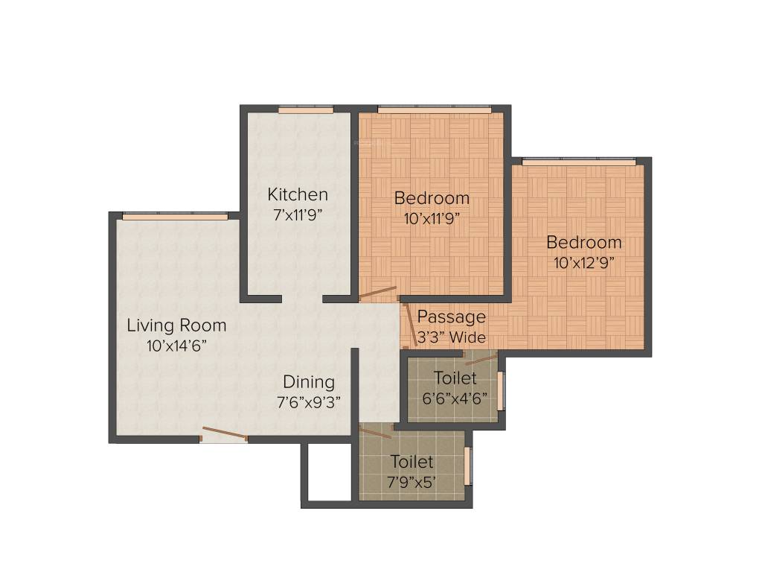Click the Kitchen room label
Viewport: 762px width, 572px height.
[x=298, y=195]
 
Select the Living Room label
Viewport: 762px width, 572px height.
[x=176, y=325]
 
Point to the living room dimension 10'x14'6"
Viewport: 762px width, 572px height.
[x=176, y=346]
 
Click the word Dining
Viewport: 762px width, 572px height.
[x=309, y=383]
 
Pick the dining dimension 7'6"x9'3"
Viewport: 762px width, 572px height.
[x=309, y=403]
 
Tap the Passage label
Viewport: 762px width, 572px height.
[x=451, y=317]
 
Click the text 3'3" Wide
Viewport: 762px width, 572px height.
[x=451, y=337]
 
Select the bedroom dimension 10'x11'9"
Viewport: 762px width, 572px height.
[x=432, y=219]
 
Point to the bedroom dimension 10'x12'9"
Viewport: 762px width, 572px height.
[x=584, y=263]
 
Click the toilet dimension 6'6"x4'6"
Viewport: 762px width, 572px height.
[x=455, y=398]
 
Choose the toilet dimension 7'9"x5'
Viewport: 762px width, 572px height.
[x=412, y=482]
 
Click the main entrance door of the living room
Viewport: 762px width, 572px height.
[x=224, y=436]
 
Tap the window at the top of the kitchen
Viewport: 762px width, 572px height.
[x=306, y=110]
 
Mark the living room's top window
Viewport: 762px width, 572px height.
[x=175, y=217]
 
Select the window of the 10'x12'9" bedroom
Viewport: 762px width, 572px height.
[x=579, y=162]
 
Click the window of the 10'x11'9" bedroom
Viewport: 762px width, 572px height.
[x=434, y=110]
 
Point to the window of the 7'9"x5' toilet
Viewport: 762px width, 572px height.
[x=467, y=466]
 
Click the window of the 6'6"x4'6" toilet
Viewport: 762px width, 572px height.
[x=501, y=390]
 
